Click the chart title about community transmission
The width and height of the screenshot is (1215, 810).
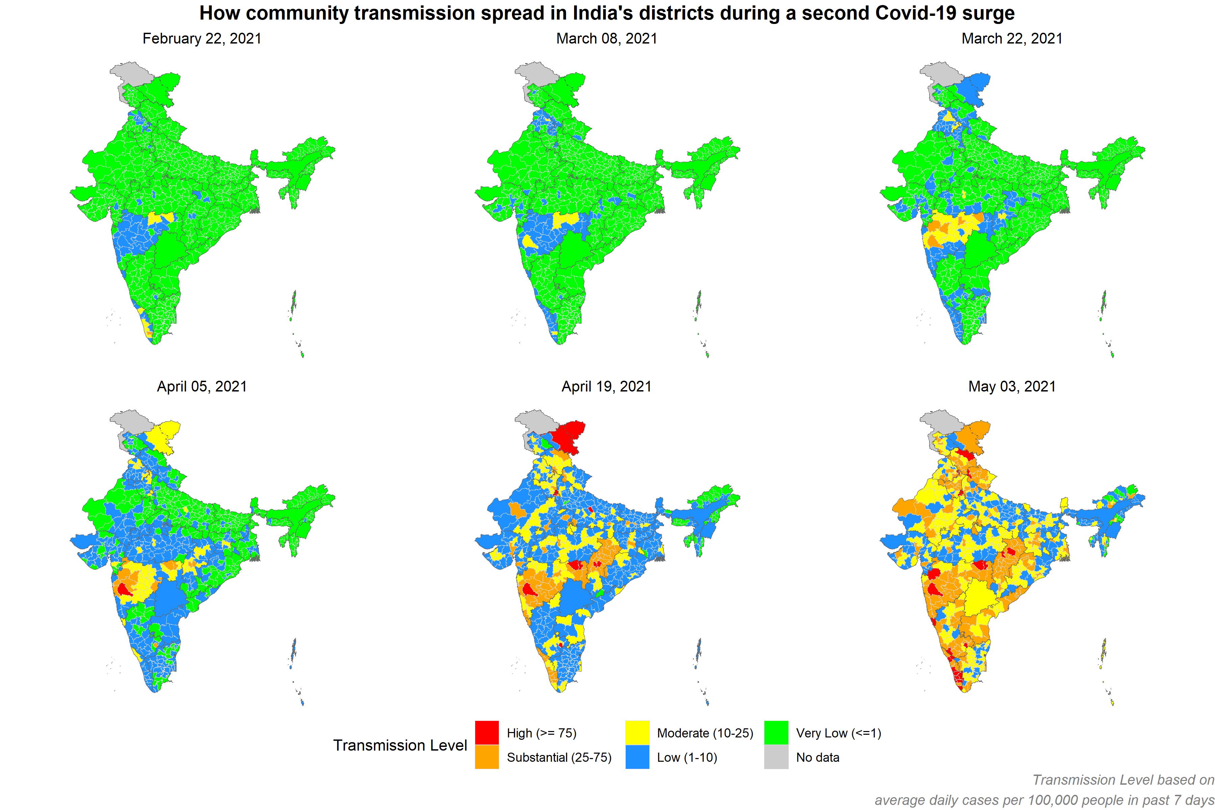click(607, 13)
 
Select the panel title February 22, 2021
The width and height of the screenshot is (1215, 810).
click(202, 39)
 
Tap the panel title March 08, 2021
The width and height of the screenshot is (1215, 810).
click(606, 39)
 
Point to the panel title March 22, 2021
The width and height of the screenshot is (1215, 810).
click(1011, 39)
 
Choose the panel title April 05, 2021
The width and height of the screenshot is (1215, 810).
click(202, 386)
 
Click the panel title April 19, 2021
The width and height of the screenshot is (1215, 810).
click(606, 386)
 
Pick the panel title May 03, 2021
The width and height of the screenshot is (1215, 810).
click(1011, 386)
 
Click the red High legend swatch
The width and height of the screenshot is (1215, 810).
click(487, 732)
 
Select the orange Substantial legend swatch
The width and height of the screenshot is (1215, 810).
click(487, 757)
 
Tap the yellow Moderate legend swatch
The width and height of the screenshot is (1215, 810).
click(637, 732)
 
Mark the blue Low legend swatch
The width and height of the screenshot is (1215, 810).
click(637, 757)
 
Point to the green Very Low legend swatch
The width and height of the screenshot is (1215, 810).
click(776, 732)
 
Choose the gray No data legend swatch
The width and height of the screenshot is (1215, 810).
click(776, 757)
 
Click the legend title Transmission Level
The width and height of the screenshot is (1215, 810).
click(400, 746)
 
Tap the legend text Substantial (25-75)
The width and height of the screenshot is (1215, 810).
click(559, 757)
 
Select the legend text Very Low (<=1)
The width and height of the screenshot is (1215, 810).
click(838, 733)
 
